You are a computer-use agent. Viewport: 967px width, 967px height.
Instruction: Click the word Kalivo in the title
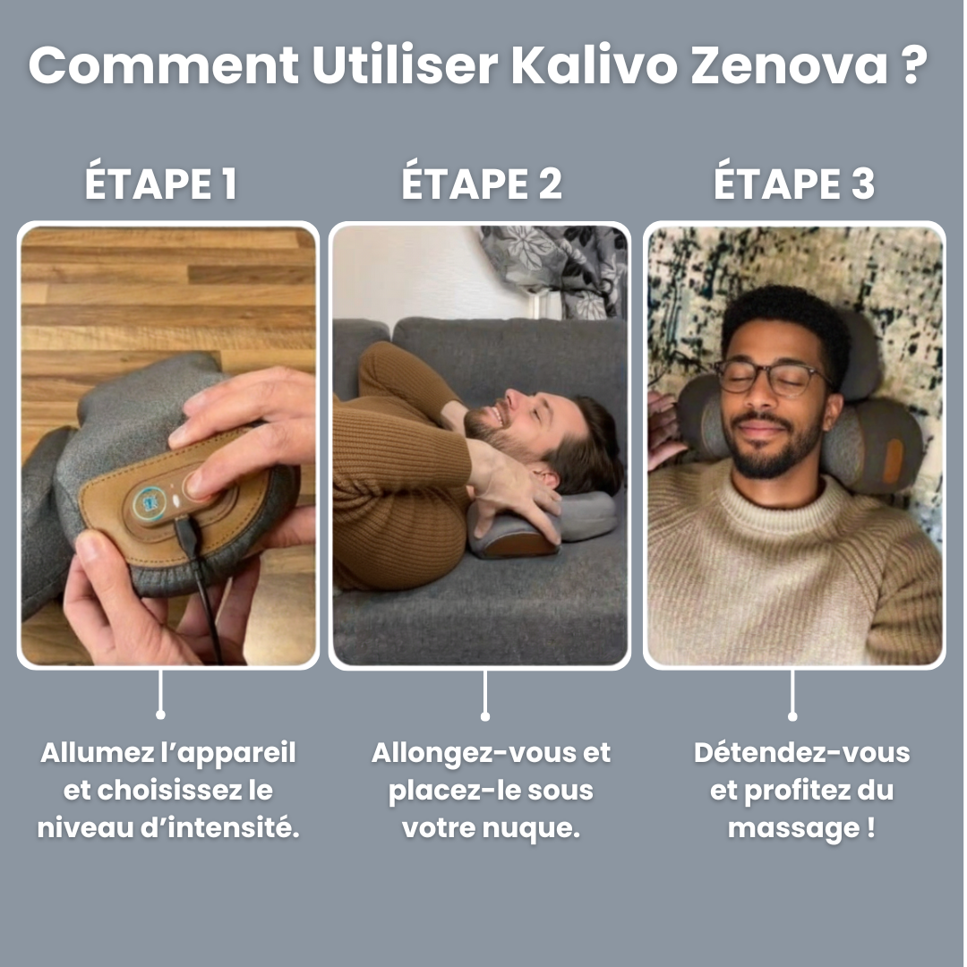pyautogui.click(x=595, y=64)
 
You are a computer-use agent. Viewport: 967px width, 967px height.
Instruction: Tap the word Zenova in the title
pyautogui.click(x=790, y=65)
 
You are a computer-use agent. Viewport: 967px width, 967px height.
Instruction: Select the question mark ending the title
pyautogui.click(x=913, y=64)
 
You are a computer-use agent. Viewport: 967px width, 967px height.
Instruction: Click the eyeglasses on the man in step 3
pyautogui.click(x=774, y=378)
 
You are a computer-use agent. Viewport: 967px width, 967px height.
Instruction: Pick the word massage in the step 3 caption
pyautogui.click(x=792, y=828)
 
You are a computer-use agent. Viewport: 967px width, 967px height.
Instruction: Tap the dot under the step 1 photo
pyautogui.click(x=160, y=715)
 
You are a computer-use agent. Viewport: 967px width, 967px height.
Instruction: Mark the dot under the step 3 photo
pyautogui.click(x=792, y=716)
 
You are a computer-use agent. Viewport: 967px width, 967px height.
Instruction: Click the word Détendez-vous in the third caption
pyautogui.click(x=801, y=752)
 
